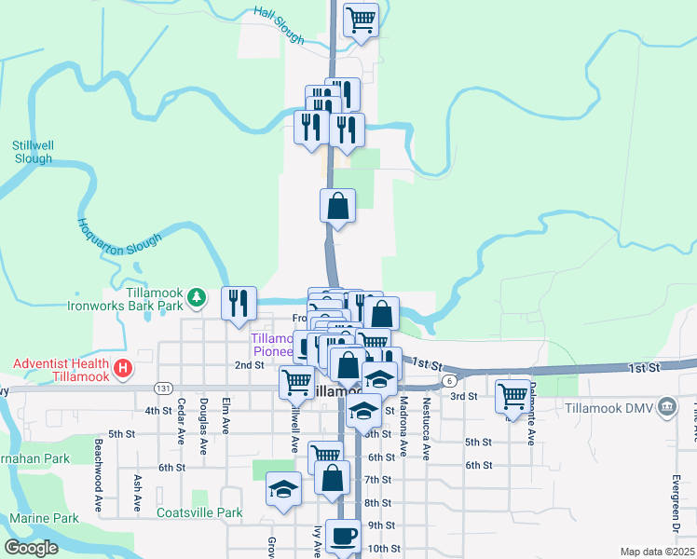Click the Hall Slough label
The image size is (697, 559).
[279, 25]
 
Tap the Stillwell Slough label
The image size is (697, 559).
[33, 152]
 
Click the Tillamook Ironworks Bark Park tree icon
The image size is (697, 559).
[196, 296]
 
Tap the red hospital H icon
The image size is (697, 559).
[122, 369]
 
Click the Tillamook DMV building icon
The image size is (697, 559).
[666, 407]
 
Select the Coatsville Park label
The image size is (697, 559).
[199, 512]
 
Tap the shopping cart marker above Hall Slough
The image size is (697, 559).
[361, 19]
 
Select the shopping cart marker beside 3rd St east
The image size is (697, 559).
[512, 395]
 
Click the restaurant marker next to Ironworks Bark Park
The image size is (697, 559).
[239, 302]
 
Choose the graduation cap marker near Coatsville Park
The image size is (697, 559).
[283, 488]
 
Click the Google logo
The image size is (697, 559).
[32, 548]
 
